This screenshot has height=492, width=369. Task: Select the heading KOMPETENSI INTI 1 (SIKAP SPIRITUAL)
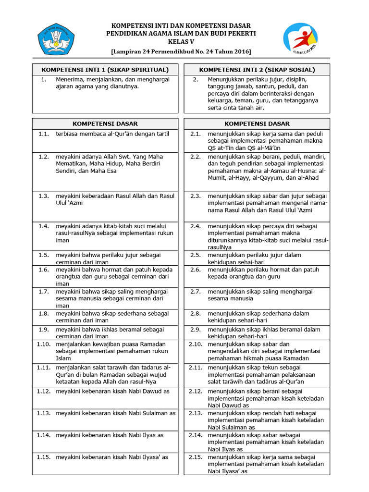[x=105, y=70]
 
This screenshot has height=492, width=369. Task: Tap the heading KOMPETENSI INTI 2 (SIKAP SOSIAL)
[x=257, y=70]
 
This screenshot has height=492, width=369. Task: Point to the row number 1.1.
[x=44, y=134]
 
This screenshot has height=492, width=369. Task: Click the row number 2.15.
[x=195, y=457]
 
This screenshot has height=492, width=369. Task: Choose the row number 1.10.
[x=43, y=344]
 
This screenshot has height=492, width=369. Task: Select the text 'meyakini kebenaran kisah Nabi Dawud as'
[x=113, y=391]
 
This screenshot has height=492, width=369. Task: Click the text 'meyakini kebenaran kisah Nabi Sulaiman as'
[x=116, y=413]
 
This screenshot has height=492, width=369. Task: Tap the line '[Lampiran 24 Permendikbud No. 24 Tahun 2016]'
[x=181, y=51]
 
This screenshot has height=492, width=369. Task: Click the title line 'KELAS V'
[x=181, y=42]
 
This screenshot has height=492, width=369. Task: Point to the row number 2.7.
[x=195, y=291]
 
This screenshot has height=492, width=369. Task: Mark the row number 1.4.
[x=44, y=226]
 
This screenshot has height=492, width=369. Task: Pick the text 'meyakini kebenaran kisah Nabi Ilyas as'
[x=110, y=435]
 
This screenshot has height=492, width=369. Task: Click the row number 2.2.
[x=195, y=157]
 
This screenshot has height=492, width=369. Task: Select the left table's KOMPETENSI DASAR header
[x=105, y=123]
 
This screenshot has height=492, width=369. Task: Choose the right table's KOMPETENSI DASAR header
[x=257, y=123]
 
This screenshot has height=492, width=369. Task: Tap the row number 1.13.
[x=43, y=413]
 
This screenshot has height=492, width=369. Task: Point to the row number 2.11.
[x=195, y=368]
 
